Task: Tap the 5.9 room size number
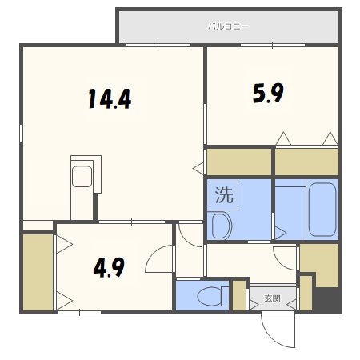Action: point(268,94)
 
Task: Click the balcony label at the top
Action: point(229,26)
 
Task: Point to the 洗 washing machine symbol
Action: point(224,194)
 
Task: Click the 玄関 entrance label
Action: point(272,299)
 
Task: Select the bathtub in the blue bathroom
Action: point(322,209)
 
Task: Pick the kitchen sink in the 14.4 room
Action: point(82,175)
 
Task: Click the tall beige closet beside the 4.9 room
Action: point(37,272)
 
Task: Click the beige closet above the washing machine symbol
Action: point(238,162)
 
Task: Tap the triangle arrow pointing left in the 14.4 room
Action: point(198,167)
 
